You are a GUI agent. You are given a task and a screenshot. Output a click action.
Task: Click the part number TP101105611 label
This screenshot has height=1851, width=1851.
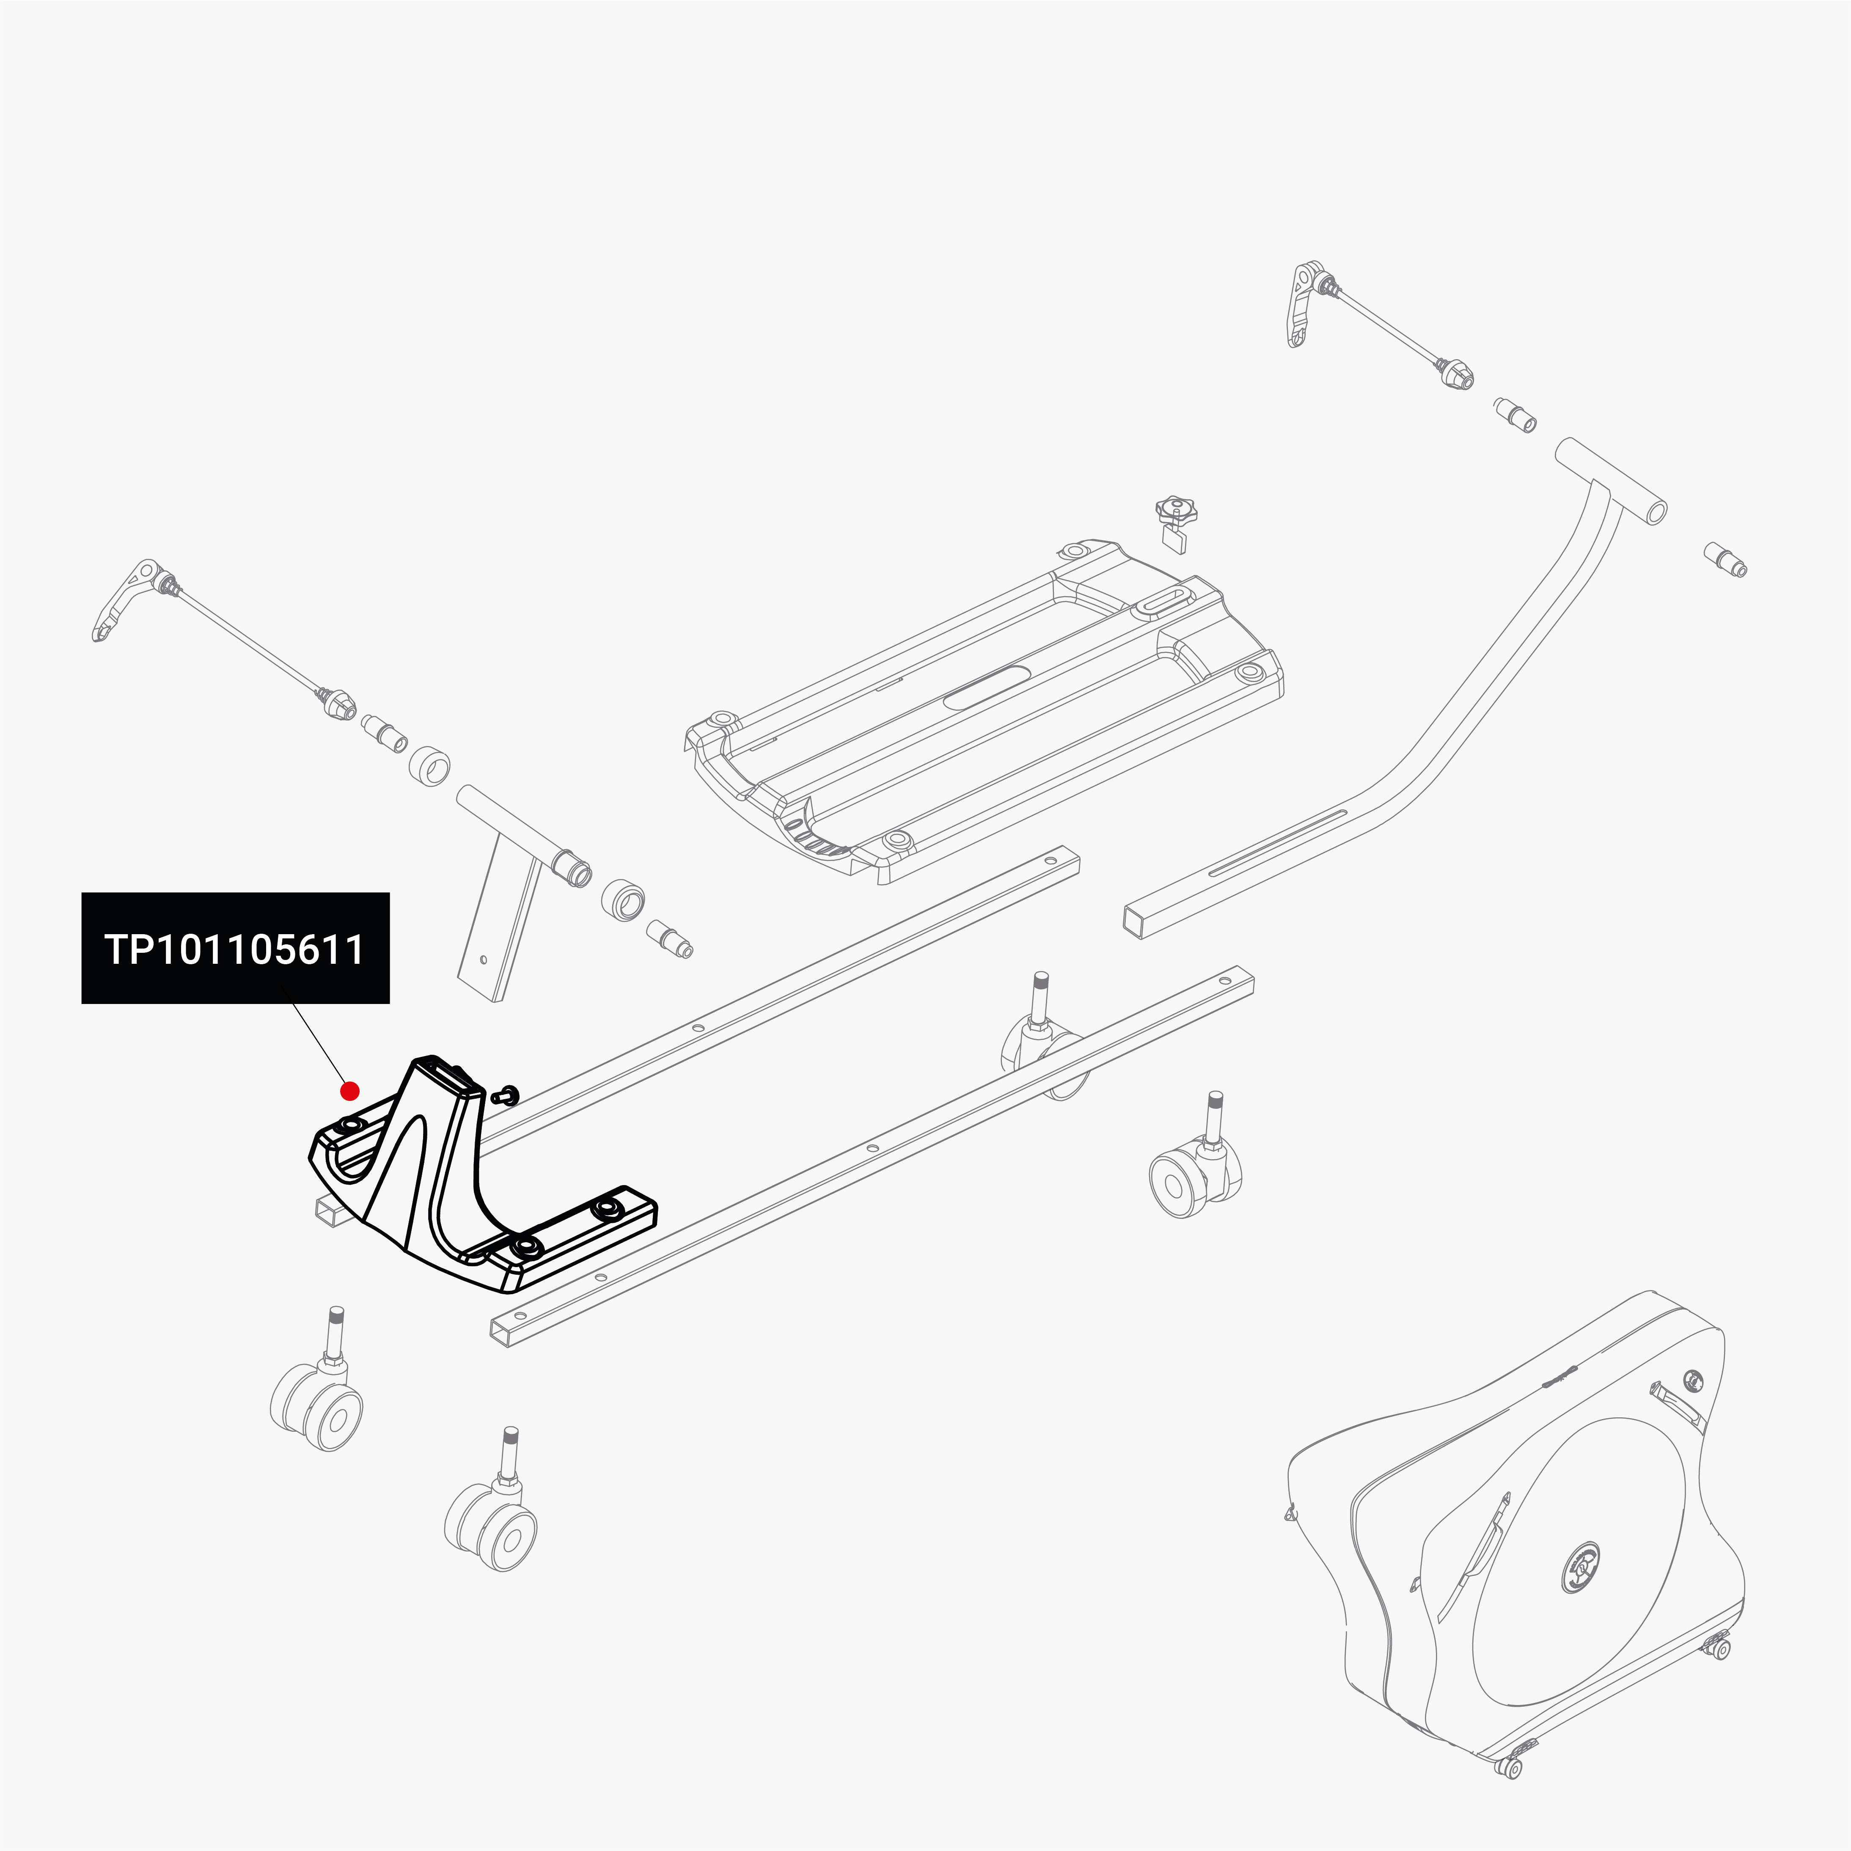click(x=235, y=949)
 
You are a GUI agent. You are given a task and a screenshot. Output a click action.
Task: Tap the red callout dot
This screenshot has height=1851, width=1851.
click(x=350, y=1090)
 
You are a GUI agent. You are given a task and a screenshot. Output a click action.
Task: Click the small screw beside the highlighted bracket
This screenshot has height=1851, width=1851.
click(x=508, y=1094)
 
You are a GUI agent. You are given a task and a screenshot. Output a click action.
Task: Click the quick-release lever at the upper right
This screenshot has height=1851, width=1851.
click(x=1301, y=305)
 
